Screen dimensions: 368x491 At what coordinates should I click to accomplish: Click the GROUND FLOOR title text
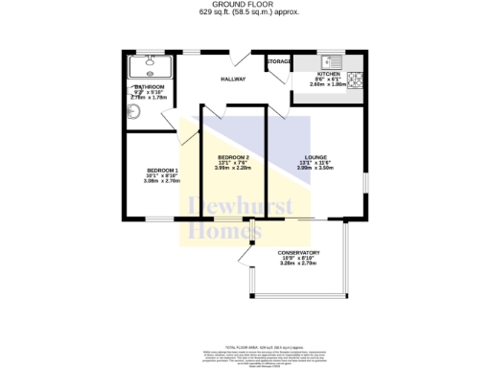coord(245,4)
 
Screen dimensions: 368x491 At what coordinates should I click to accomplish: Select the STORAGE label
coord(279,62)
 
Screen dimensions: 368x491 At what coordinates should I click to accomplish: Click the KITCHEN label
coord(329,74)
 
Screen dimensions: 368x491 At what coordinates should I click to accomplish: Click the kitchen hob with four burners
coord(353,79)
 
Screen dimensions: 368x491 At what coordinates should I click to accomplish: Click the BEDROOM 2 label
coord(233,157)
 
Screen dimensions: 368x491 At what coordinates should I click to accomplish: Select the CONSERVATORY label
coord(300,253)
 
